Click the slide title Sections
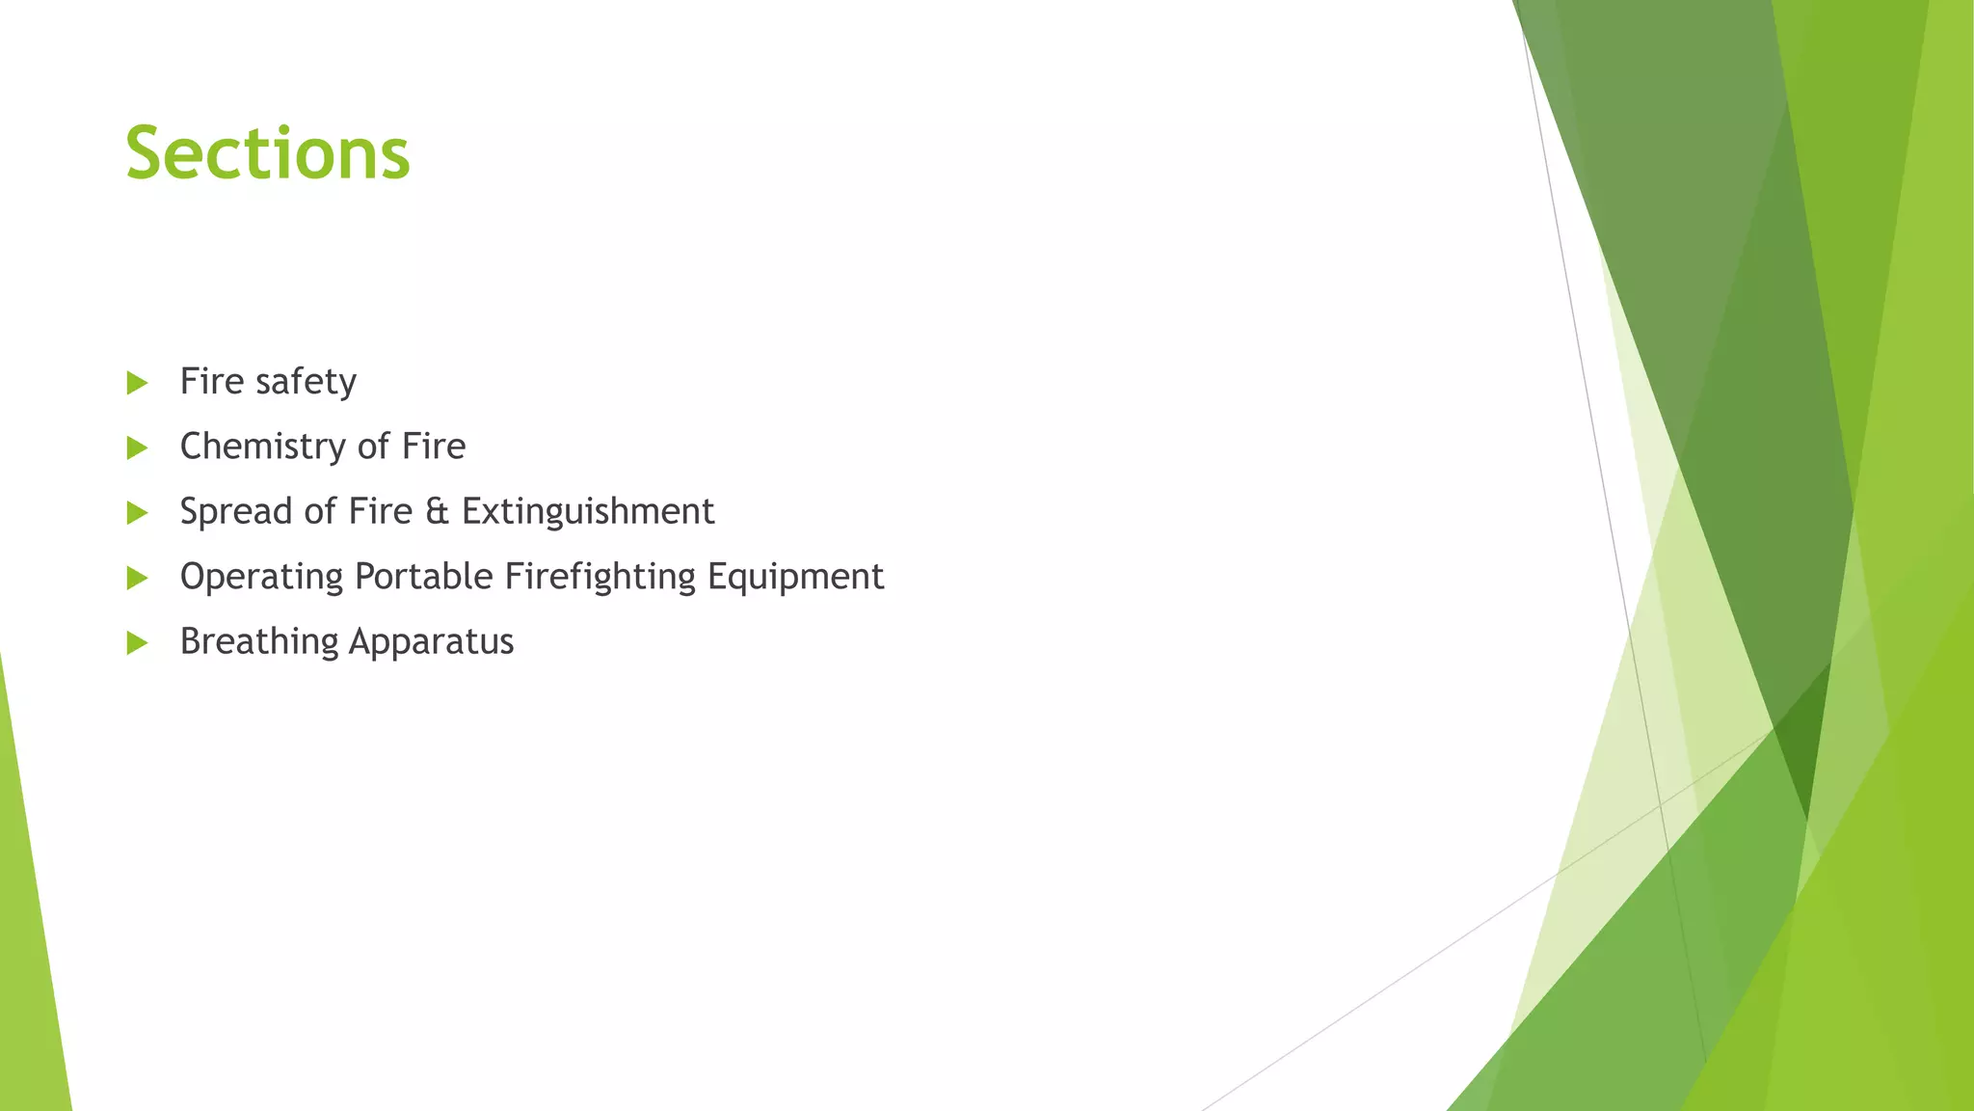tap(268, 154)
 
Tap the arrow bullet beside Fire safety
tap(137, 383)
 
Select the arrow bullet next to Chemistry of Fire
tap(137, 447)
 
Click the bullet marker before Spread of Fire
tap(137, 512)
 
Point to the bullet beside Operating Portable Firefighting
tap(137, 578)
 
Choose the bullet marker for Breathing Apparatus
tap(137, 642)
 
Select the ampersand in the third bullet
tap(437, 511)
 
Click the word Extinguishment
tap(588, 511)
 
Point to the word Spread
tap(235, 511)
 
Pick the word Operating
tap(261, 577)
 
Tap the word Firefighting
tap(600, 577)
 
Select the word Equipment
tap(795, 577)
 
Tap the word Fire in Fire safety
tap(211, 382)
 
